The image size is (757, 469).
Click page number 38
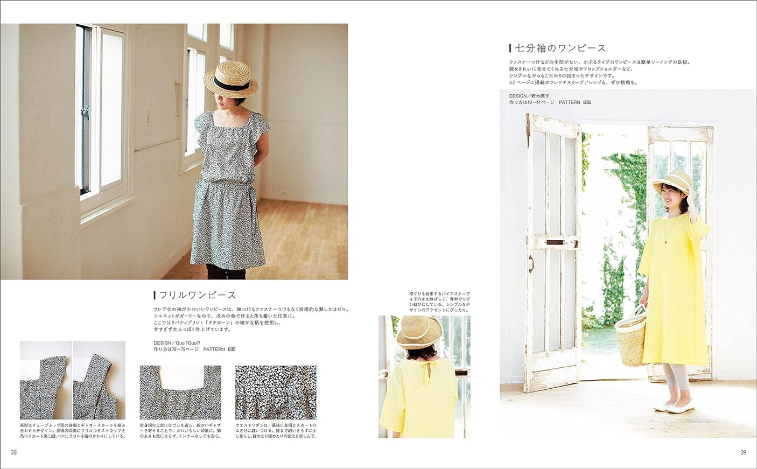point(14,452)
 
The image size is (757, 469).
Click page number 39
point(744,452)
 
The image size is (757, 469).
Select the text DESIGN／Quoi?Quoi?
point(177,343)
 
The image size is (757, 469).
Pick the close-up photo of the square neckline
point(180,393)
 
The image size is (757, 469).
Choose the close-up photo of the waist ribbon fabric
point(276,393)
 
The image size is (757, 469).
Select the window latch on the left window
point(85,112)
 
